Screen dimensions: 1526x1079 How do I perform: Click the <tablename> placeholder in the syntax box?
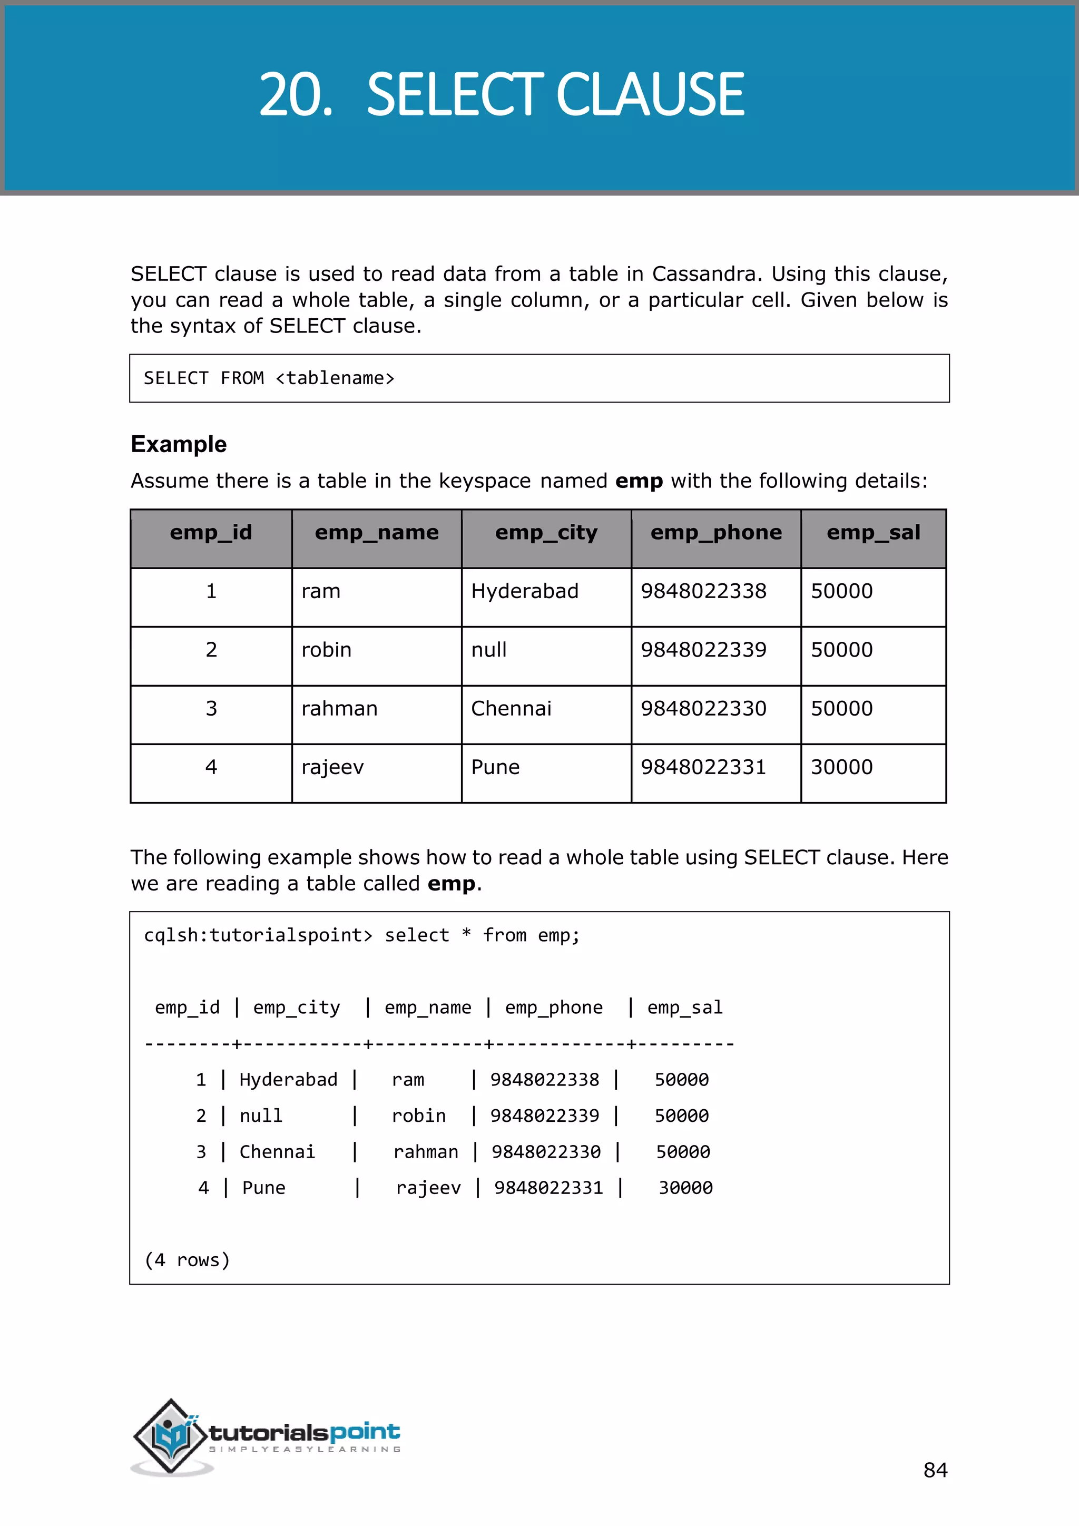click(335, 378)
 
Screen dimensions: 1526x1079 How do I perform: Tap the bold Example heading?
click(178, 444)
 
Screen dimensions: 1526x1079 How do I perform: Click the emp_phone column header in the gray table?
click(715, 532)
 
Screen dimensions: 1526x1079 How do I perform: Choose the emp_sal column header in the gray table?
click(873, 532)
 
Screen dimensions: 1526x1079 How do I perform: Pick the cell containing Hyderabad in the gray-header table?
click(524, 591)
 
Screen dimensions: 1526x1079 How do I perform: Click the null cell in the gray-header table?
click(488, 649)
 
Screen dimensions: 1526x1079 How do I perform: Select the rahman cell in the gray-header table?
click(339, 709)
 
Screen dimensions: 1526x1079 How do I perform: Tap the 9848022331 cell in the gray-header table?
click(703, 767)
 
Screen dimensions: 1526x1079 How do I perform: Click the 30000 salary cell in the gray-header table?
click(841, 767)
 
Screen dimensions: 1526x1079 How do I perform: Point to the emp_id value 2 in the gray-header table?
click(211, 649)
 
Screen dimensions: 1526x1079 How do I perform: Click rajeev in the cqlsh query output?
click(428, 1188)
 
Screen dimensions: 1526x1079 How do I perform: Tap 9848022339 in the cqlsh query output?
click(544, 1116)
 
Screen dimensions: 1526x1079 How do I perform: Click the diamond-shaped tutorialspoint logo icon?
click(171, 1435)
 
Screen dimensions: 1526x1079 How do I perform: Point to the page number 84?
click(935, 1470)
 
